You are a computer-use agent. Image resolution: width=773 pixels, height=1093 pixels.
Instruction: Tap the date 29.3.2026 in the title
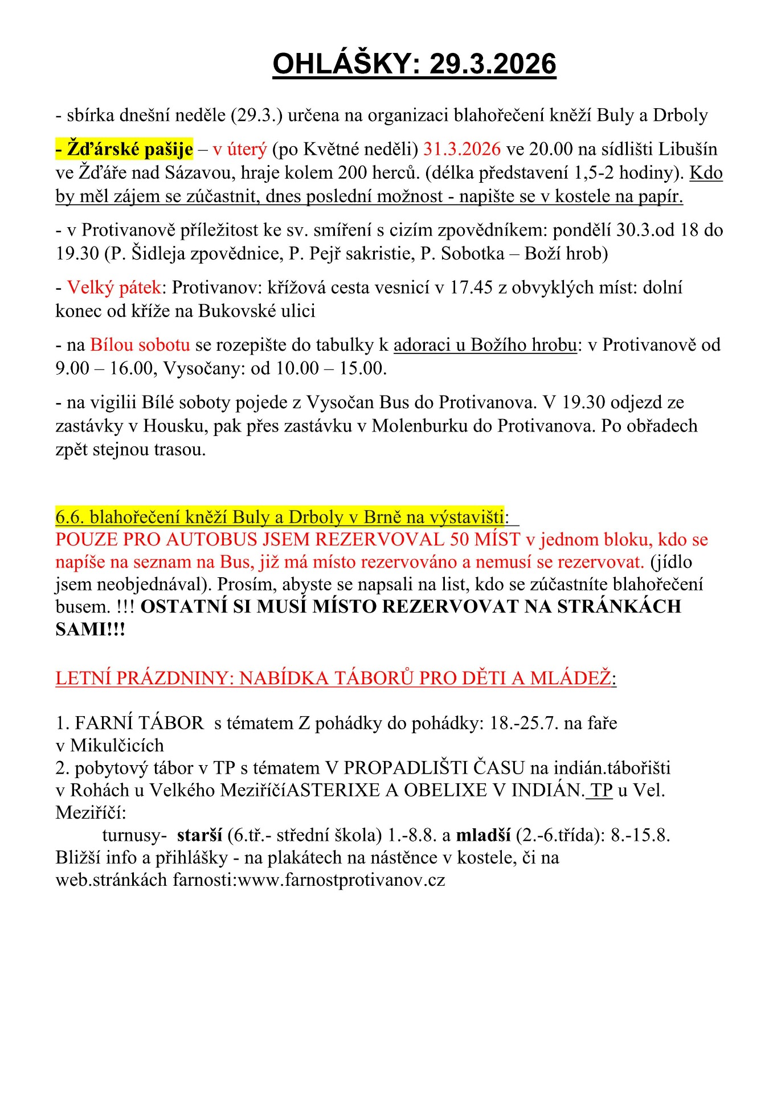click(x=492, y=63)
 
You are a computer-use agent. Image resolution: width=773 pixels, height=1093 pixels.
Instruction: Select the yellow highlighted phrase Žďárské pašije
click(x=124, y=149)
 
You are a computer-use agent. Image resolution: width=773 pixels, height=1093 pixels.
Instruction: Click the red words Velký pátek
click(x=114, y=287)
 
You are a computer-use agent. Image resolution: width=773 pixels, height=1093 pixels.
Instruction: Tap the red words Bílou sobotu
click(x=140, y=345)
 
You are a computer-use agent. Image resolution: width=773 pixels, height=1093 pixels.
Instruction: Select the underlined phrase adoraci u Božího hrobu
click(x=485, y=345)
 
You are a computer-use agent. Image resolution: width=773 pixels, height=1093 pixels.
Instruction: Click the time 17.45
click(x=471, y=287)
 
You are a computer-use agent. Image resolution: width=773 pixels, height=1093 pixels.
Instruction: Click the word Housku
click(x=175, y=426)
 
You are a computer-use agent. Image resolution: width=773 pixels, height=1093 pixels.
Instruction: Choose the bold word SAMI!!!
click(x=90, y=629)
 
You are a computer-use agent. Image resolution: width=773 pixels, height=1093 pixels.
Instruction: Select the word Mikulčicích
click(x=117, y=745)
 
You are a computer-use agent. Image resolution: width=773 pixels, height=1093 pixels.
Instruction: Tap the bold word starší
click(x=199, y=835)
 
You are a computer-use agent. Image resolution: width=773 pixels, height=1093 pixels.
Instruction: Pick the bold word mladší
click(x=483, y=835)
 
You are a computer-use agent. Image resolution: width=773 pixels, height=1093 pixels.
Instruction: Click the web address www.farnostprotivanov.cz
click(x=341, y=880)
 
